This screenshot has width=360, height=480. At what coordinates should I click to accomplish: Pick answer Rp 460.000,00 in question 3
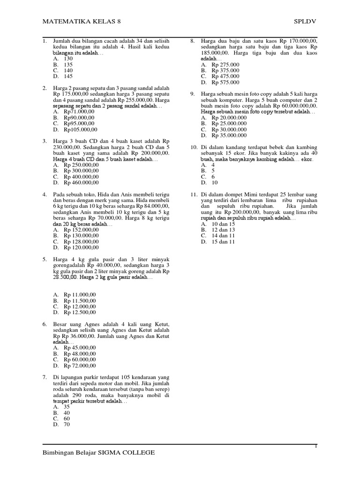click(x=82, y=182)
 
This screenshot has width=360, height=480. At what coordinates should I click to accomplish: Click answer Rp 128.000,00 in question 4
click(x=82, y=241)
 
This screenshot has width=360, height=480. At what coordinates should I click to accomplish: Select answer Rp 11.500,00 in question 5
click(x=80, y=300)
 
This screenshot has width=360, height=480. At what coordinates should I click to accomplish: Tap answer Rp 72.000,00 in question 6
click(x=80, y=365)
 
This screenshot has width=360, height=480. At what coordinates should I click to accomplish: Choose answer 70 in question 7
click(x=67, y=424)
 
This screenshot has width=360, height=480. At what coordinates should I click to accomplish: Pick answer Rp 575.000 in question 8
click(x=225, y=82)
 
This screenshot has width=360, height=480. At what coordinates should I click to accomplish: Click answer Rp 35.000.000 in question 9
click(x=229, y=135)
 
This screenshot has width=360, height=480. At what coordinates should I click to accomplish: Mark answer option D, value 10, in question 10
click(x=215, y=183)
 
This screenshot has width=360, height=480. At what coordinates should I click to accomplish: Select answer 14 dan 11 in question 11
click(x=224, y=236)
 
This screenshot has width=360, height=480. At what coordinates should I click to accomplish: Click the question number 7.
click(x=45, y=377)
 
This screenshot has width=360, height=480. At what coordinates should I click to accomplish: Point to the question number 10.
click(x=193, y=147)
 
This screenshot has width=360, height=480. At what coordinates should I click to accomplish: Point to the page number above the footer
click(x=316, y=446)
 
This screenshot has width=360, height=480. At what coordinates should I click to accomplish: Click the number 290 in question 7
click(x=73, y=396)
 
